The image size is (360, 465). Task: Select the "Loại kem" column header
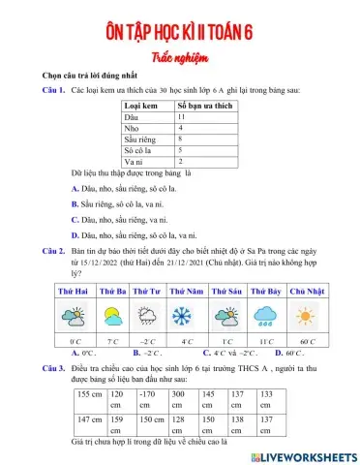pyautogui.click(x=142, y=104)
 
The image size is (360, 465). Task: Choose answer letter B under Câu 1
pyautogui.click(x=75, y=204)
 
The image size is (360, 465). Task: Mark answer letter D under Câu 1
pyautogui.click(x=75, y=234)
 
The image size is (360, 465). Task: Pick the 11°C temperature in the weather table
pyautogui.click(x=266, y=342)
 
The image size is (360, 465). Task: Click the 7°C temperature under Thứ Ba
pyautogui.click(x=112, y=342)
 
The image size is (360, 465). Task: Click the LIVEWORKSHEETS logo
pyautogui.click(x=304, y=454)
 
